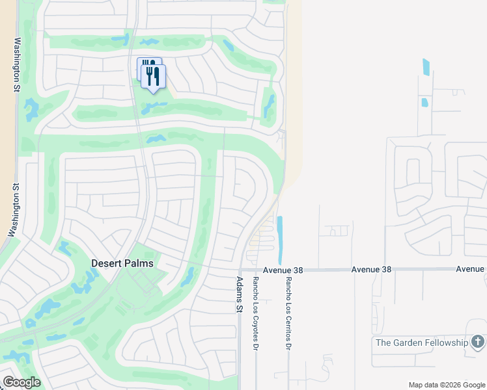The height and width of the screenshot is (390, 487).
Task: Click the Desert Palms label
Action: click(122, 263)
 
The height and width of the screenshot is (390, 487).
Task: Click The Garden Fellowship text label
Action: click(422, 343)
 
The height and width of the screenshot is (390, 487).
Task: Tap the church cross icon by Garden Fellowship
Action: click(477, 342)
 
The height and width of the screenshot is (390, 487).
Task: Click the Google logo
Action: click(21, 382)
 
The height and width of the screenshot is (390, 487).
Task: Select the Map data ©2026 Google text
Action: click(447, 385)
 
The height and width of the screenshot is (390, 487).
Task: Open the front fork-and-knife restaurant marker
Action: click(154, 76)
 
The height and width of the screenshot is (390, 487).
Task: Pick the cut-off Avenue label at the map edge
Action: click(470, 268)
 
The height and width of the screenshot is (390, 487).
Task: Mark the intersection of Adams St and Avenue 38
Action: click(240, 270)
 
